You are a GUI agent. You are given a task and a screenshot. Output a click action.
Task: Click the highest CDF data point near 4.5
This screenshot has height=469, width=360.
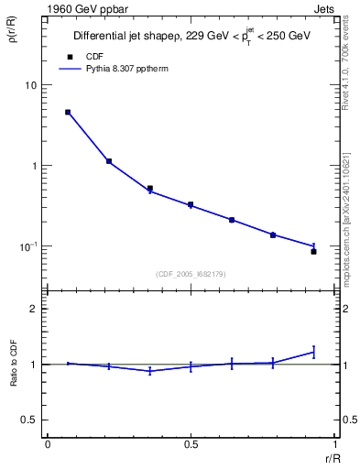[x=68, y=113]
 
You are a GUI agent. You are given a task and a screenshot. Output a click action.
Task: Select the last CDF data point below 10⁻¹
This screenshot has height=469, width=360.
[x=313, y=251]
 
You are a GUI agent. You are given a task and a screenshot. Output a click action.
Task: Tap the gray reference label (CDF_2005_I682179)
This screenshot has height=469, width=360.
[x=191, y=274]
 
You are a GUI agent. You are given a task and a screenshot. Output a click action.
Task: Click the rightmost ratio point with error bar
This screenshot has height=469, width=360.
[x=313, y=352]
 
